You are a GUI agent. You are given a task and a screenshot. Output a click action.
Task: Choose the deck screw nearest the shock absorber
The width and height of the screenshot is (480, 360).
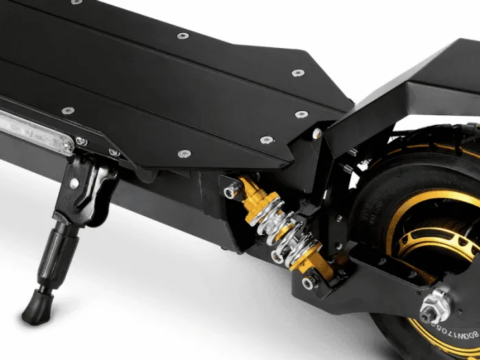[x=266, y=140]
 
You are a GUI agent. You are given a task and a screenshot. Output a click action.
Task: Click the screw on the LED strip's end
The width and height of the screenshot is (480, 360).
[x=82, y=141]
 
